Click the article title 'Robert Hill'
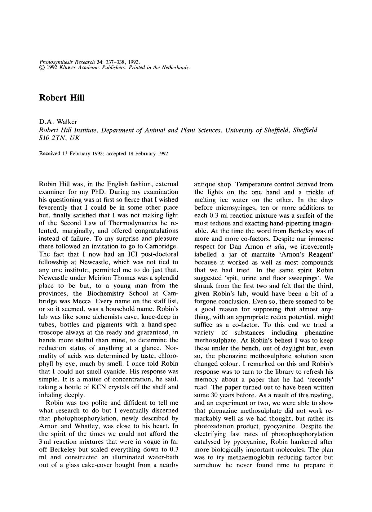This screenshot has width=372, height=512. coord(62,98)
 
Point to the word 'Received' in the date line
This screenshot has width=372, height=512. coord(49,154)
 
